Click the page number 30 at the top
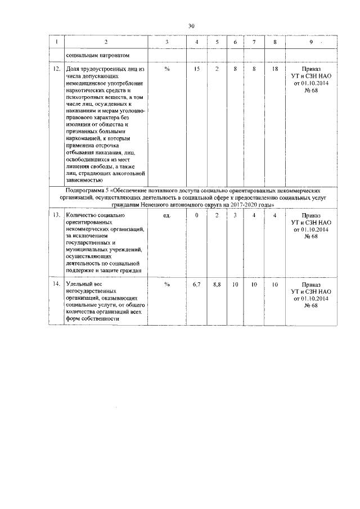pyautogui.click(x=191, y=26)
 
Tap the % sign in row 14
pyautogui.click(x=167, y=285)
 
